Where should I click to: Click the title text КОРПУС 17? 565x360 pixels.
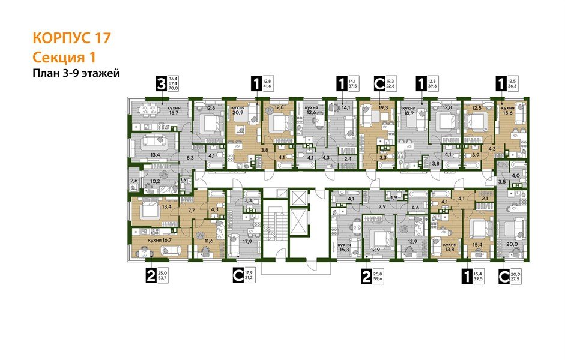click(71, 38)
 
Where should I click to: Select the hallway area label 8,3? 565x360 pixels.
click(190, 156)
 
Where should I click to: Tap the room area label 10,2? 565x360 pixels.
click(154, 181)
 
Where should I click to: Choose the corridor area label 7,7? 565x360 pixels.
click(193, 211)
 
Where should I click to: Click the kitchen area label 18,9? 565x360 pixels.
click(410, 113)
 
